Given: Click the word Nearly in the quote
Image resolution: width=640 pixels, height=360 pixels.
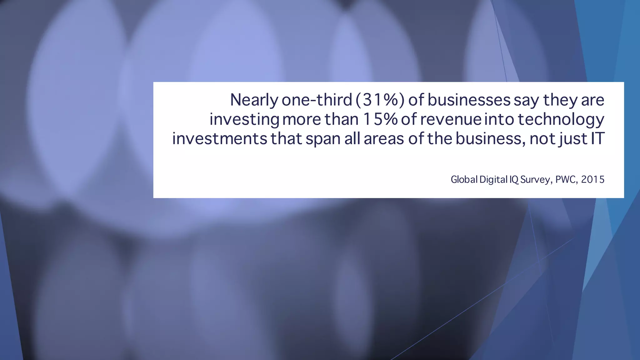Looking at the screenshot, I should tap(254, 100).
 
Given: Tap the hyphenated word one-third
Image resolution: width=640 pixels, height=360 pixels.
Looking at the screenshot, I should tap(317, 100).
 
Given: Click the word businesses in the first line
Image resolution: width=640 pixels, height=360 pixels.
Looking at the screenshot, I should tap(469, 100).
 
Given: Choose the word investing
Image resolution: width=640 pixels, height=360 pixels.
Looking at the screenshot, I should tap(244, 120).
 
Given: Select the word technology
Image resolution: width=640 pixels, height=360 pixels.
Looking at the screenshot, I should tap(561, 120).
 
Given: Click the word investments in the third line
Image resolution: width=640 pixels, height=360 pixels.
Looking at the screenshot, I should tap(220, 139).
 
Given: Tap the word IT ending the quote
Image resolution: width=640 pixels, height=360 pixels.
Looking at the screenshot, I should tap(597, 139).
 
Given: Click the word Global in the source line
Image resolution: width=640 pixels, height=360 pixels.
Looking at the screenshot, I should tap(464, 179).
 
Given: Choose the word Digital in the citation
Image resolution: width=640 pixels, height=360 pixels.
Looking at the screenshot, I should tap(493, 179).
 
